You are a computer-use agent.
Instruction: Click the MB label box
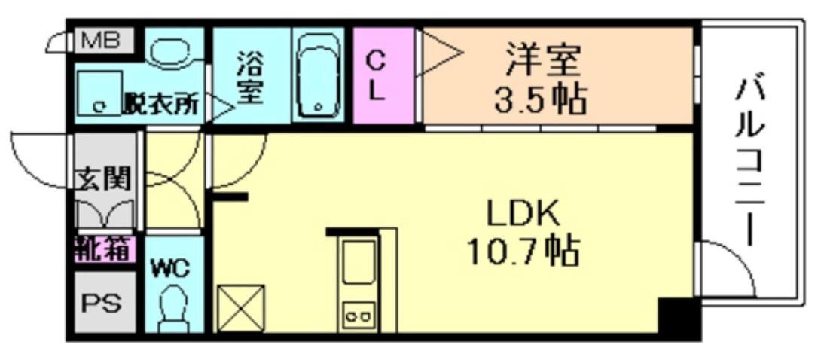point(101,40)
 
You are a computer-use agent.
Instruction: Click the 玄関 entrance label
point(104,179)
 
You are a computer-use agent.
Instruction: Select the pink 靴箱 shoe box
point(104,248)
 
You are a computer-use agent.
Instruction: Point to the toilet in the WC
point(173,309)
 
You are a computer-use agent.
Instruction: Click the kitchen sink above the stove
point(360,263)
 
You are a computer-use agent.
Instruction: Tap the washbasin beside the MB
point(172,50)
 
